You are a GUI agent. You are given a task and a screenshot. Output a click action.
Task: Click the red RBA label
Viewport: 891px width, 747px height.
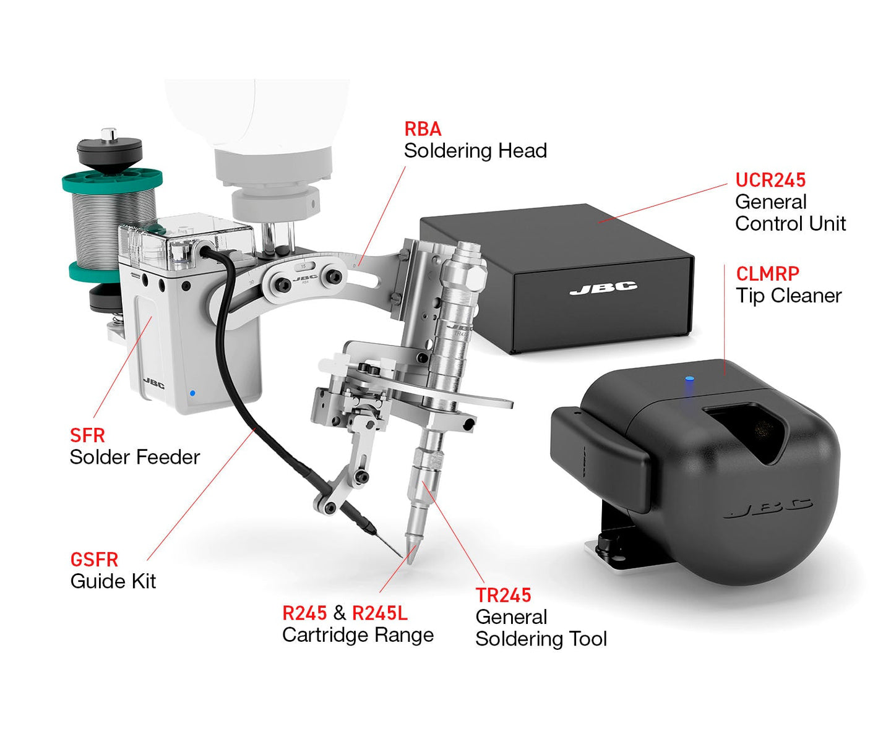(x=423, y=129)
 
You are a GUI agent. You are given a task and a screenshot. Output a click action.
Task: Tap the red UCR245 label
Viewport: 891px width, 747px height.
(x=770, y=180)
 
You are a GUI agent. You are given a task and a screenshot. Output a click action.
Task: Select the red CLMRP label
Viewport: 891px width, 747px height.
(x=767, y=274)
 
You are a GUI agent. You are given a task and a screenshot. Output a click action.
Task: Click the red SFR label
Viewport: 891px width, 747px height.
(x=87, y=435)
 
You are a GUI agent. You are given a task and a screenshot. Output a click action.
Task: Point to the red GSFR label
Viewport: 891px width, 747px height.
(x=94, y=560)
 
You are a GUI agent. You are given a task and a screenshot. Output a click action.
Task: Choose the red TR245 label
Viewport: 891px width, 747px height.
(x=503, y=595)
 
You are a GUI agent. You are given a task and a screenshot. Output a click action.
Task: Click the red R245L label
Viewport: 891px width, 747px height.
(x=380, y=613)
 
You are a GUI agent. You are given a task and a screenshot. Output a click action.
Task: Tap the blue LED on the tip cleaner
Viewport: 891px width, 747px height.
(x=688, y=379)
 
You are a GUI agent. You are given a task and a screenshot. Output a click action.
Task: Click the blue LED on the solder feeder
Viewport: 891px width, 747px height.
(x=193, y=393)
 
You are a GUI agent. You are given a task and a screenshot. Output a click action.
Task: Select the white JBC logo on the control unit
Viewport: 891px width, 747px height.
(x=603, y=288)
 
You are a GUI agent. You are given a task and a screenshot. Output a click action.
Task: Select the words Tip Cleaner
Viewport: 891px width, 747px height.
(x=788, y=296)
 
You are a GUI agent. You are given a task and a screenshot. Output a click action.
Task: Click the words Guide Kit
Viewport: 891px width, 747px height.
(x=113, y=581)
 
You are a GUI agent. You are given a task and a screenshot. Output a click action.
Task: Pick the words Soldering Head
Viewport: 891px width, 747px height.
(x=475, y=151)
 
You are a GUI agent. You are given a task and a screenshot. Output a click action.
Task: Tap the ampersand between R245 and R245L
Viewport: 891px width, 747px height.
(x=340, y=613)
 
